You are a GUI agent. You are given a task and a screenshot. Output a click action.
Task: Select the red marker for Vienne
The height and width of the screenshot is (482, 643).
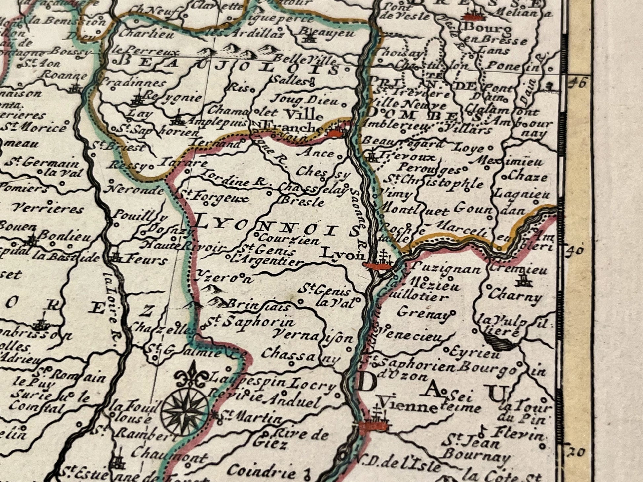373,426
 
